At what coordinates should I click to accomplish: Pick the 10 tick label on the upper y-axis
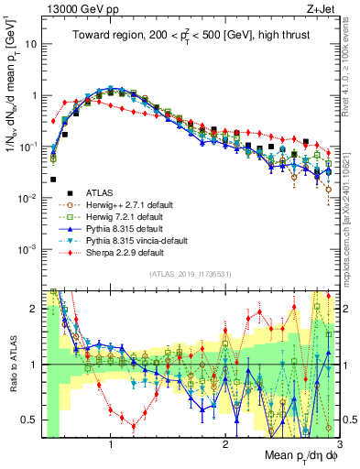(30, 43)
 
